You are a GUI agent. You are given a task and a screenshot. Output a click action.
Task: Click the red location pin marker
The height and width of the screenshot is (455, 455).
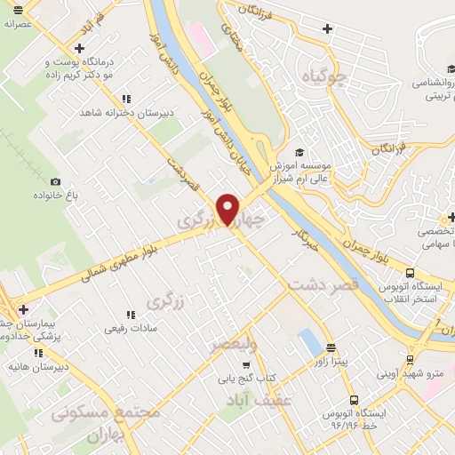click(230, 208)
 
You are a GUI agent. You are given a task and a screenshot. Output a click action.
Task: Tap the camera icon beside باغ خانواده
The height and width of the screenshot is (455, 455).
click(56, 182)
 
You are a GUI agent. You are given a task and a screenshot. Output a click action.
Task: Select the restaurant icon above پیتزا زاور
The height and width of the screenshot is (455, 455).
click(331, 347)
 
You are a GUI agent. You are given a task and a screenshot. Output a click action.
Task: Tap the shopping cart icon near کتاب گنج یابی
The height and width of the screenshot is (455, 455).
click(246, 364)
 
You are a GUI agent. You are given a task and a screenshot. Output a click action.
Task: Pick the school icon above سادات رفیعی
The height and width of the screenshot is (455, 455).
click(132, 314)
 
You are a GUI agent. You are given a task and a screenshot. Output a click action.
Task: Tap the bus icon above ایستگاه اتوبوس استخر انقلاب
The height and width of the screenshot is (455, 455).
click(410, 274)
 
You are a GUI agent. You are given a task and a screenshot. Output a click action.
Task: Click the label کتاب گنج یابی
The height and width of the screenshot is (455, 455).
click(246, 379)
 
